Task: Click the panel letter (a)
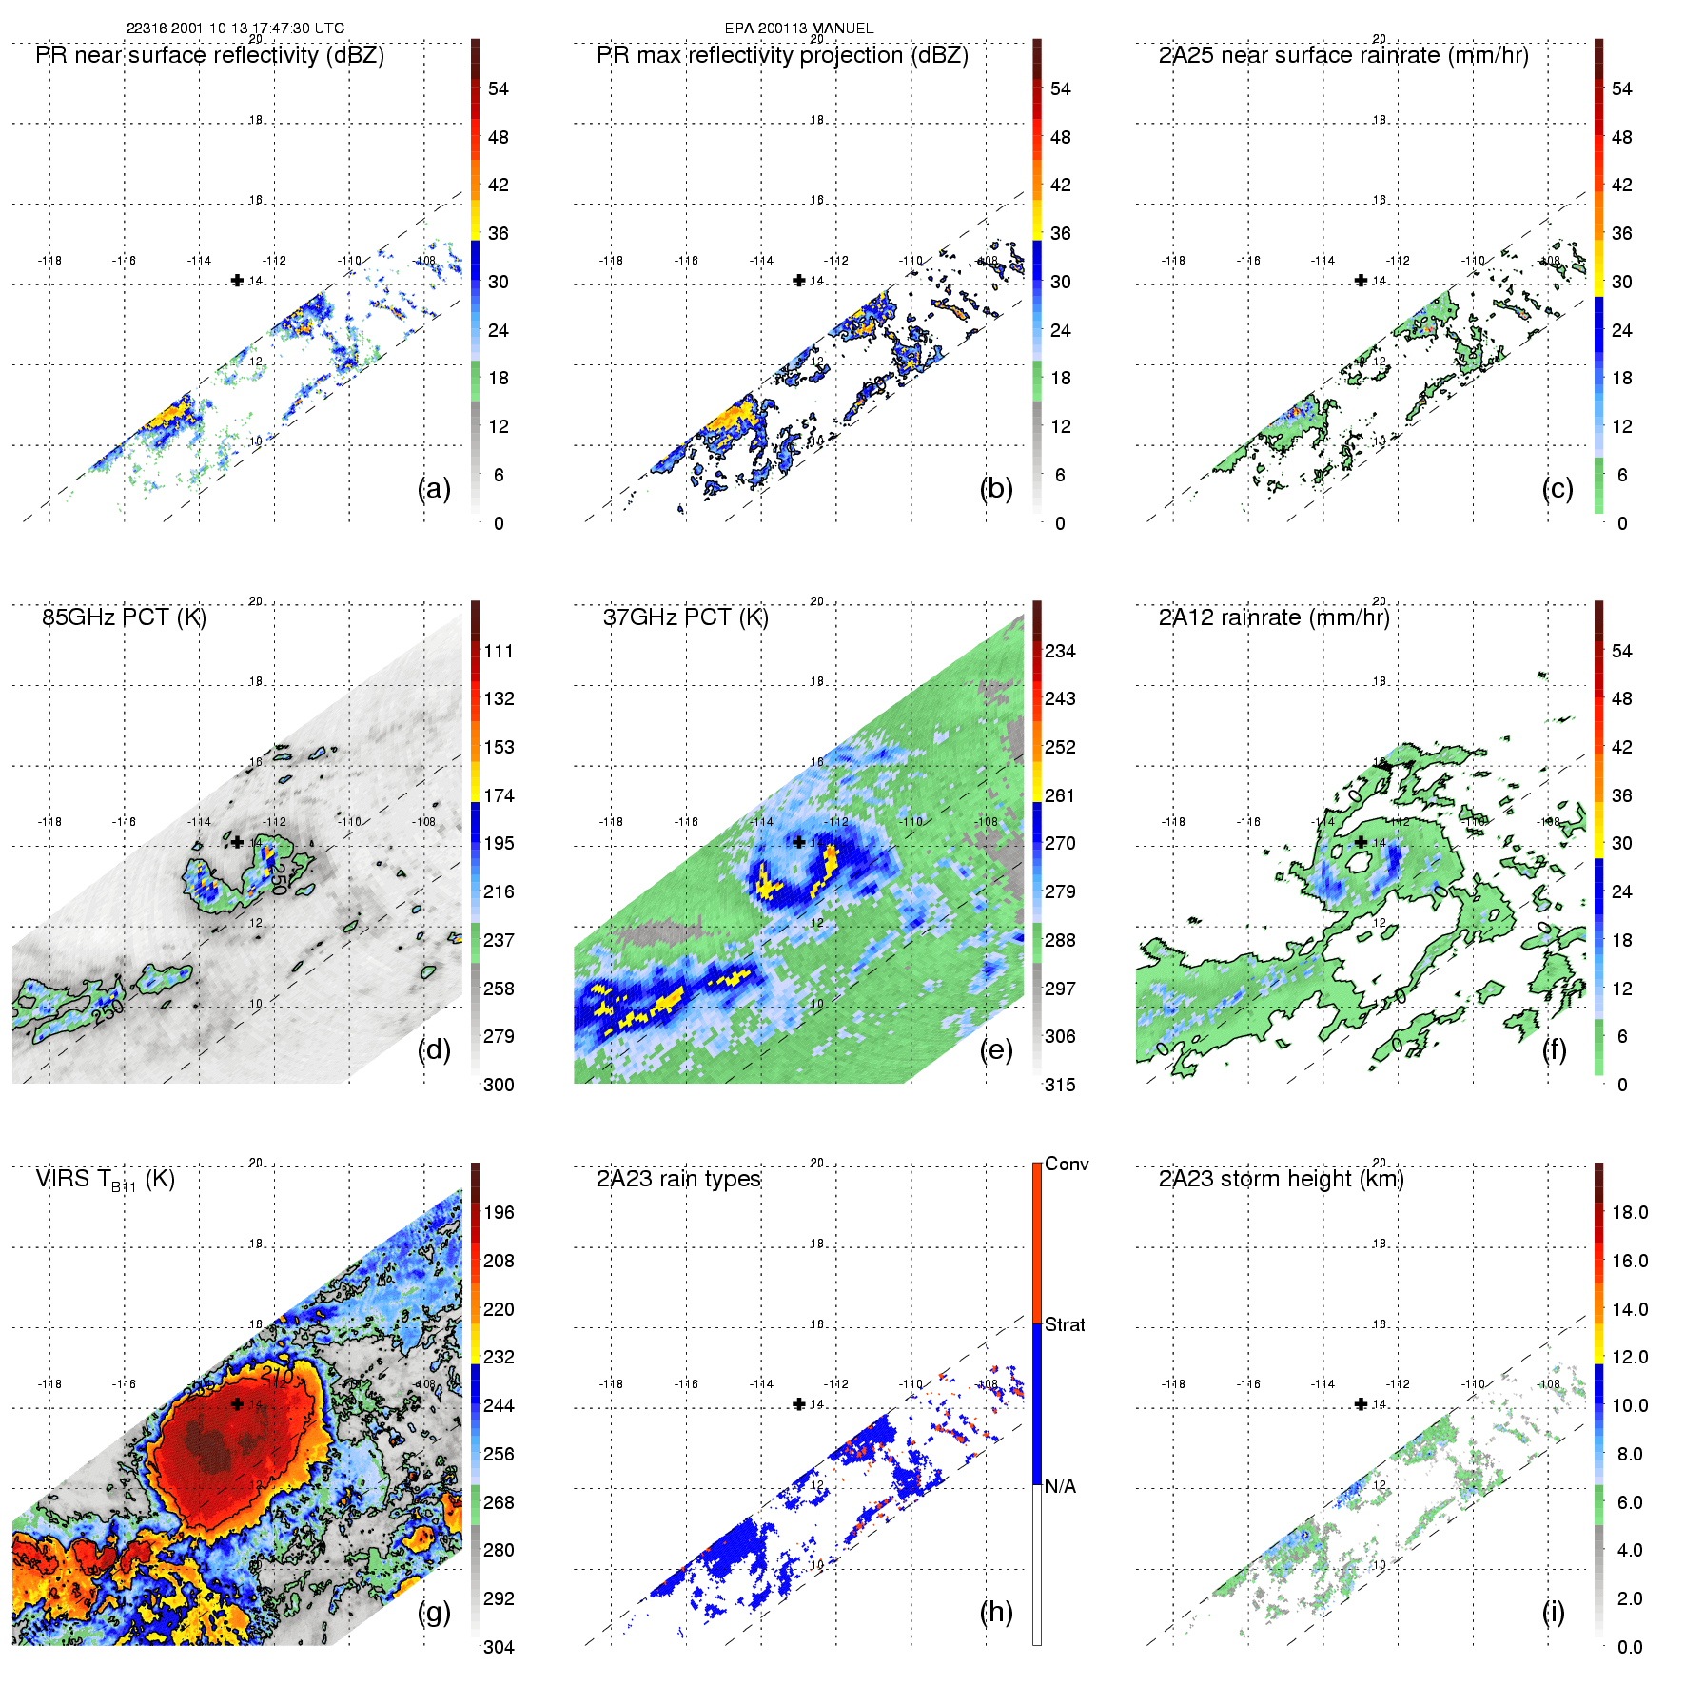click(x=434, y=488)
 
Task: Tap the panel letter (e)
click(x=996, y=1049)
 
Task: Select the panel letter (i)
click(x=1553, y=1612)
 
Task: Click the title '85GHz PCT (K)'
click(x=124, y=617)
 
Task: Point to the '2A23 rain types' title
click(x=678, y=1179)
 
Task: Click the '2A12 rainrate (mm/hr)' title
click(x=1274, y=617)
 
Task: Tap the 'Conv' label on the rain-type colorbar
click(x=1067, y=1164)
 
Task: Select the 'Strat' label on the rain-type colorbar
click(x=1065, y=1324)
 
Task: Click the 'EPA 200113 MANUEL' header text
click(x=799, y=29)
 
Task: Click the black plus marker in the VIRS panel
click(x=237, y=1403)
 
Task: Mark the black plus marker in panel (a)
click(x=237, y=280)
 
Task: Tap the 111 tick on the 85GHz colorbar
click(x=499, y=652)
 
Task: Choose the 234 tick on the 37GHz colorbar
click(x=1060, y=652)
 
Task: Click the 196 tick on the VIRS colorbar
click(x=499, y=1212)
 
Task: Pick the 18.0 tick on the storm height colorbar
click(x=1630, y=1212)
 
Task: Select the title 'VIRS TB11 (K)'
click(x=105, y=1180)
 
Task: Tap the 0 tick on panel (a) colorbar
click(x=499, y=523)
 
